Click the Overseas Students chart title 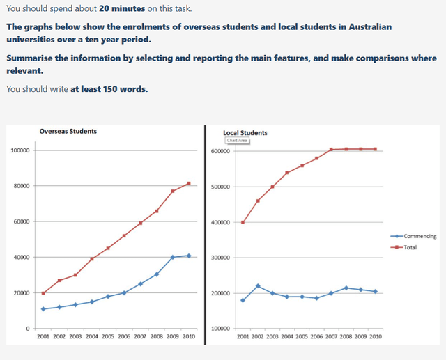[x=68, y=131]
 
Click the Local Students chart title [x=245, y=132]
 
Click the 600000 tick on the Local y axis [x=220, y=151]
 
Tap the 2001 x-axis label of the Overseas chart [x=43, y=337]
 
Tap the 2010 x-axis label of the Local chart [x=375, y=337]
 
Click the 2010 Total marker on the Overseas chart [x=189, y=183]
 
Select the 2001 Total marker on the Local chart [x=243, y=222]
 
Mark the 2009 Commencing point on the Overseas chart [x=173, y=257]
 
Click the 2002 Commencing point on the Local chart [x=258, y=286]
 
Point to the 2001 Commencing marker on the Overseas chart [x=43, y=308]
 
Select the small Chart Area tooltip [x=237, y=140]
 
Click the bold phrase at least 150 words [x=109, y=88]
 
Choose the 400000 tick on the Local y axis [x=220, y=222]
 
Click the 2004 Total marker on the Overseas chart [x=92, y=258]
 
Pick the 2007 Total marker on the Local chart [x=331, y=150]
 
